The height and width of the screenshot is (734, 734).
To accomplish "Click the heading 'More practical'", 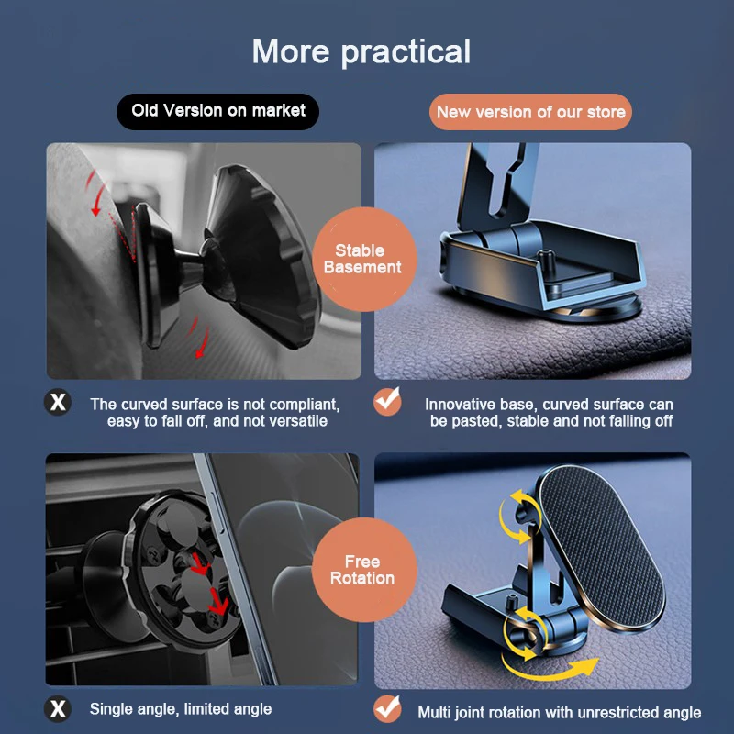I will (361, 51).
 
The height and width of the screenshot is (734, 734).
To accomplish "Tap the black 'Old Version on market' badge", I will (218, 111).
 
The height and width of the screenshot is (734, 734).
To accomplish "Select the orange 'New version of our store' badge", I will (530, 112).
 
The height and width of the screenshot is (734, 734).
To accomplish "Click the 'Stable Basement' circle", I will (368, 259).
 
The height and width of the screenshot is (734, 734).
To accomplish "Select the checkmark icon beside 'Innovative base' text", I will (388, 402).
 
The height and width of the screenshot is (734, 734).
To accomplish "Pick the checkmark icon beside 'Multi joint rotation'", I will (388, 709).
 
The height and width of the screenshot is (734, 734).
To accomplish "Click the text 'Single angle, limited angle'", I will (181, 709).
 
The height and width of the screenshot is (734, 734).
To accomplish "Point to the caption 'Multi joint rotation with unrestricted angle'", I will (559, 712).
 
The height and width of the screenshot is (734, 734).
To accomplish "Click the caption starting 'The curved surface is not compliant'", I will (215, 412).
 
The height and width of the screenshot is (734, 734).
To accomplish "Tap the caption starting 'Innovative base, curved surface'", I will (549, 412).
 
